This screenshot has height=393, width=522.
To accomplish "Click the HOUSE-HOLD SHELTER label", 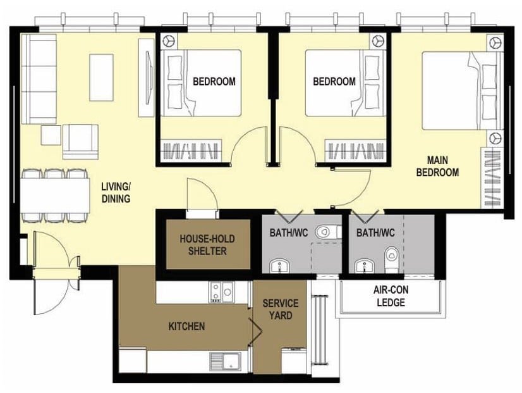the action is pos(207,245).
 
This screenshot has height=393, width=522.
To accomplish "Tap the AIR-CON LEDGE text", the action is pos(391,296).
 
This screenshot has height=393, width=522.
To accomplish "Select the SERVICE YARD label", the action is pos(281,309).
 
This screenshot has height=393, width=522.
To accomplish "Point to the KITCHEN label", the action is pos(186,326).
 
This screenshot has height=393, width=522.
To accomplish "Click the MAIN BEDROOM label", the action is pos(437,166).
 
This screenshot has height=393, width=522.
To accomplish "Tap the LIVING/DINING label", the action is pos(116,192).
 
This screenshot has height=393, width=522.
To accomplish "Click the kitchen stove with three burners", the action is pos(222,292).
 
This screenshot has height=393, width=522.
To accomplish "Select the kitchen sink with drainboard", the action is pos(226,361).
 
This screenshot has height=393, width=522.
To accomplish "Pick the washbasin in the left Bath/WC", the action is pos(279,265).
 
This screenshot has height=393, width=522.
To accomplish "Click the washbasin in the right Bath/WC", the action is pos(365,265).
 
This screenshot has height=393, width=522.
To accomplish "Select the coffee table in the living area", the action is pos(101,78).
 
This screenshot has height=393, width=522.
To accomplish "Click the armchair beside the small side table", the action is pos(80,141).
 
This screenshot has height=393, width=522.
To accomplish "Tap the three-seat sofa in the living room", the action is pos(39,78).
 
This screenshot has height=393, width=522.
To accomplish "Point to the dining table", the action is pos(55,196).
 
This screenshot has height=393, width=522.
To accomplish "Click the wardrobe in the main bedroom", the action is pos(492,178).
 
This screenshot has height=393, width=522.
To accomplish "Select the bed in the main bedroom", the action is pos(462,90).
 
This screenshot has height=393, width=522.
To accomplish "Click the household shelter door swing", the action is pos(202,194).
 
